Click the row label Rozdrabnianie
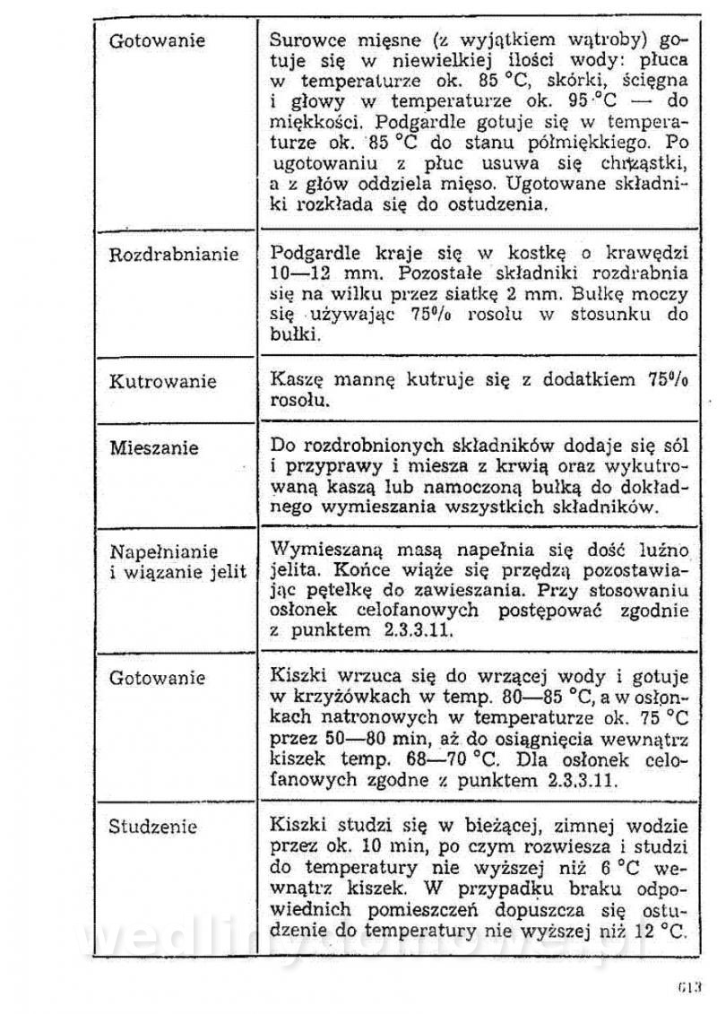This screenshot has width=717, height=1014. tap(174, 255)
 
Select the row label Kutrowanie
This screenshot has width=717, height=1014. tap(162, 382)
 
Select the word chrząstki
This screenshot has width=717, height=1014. tap(644, 162)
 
